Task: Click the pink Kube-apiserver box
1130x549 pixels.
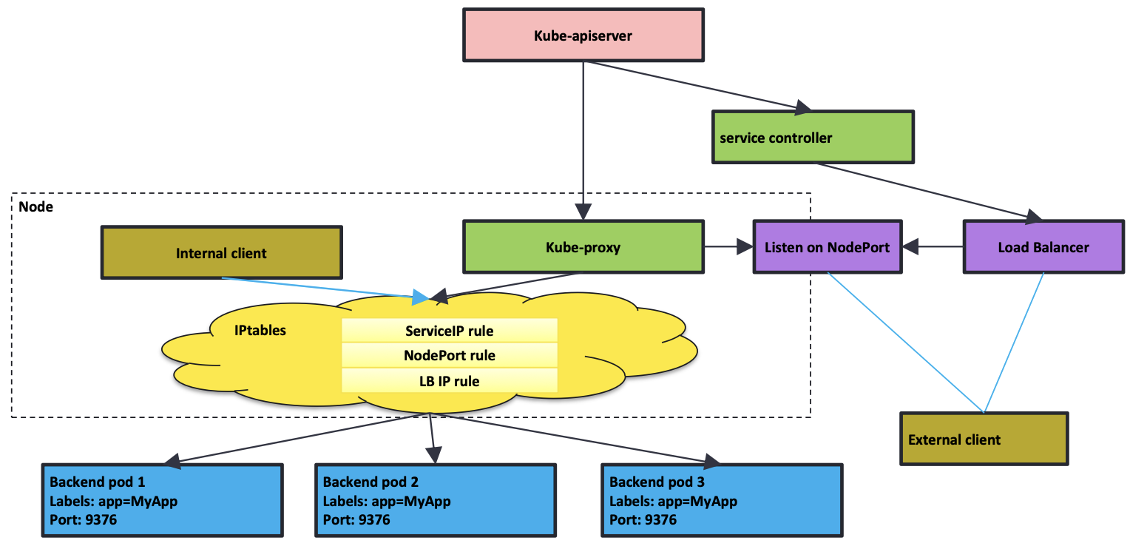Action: (x=583, y=36)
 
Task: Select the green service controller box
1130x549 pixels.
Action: (x=813, y=138)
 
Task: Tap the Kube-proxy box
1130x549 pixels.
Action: (x=583, y=246)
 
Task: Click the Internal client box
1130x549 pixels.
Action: (x=221, y=252)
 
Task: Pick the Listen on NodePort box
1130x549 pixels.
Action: (x=828, y=246)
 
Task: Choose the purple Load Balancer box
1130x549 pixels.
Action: (x=1043, y=246)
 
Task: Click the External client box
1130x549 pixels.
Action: (x=984, y=439)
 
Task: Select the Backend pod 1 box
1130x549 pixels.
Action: (x=163, y=500)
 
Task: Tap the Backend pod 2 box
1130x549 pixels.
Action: (x=436, y=500)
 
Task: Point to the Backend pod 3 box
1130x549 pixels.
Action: (x=722, y=500)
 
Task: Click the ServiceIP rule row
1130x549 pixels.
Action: (x=450, y=331)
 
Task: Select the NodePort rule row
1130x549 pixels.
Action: (x=450, y=355)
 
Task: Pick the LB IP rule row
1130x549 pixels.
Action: (x=450, y=381)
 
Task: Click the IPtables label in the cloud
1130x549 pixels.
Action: (x=260, y=330)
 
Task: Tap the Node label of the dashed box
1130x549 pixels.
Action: (x=35, y=206)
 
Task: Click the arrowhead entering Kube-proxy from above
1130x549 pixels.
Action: (x=583, y=212)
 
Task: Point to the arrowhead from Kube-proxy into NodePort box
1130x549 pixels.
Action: (x=745, y=246)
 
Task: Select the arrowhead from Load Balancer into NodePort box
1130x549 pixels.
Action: (x=910, y=246)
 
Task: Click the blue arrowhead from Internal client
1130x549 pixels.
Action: (x=420, y=297)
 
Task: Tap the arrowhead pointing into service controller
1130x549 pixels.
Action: (x=803, y=107)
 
